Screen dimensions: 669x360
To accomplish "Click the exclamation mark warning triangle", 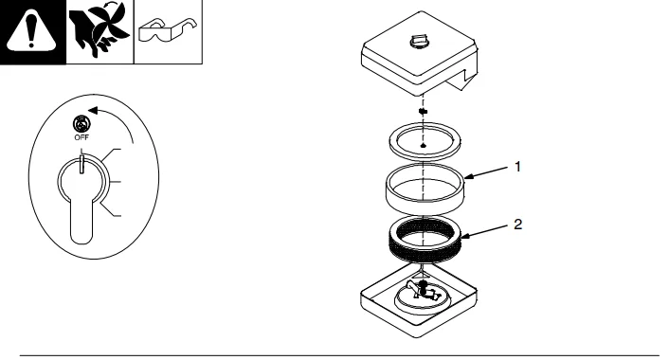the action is pos(31,31).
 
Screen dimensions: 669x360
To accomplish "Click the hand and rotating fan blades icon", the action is pos(99,30).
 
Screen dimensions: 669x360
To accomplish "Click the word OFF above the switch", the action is pos(81,137).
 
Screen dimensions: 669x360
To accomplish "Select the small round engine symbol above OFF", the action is pos(81,124).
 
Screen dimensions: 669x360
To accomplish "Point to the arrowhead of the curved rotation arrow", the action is pos(93,111).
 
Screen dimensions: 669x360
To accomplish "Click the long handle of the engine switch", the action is pos(81,222).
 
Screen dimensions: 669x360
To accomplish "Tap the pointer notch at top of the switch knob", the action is pos(81,164).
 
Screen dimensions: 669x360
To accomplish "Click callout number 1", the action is pos(517,167).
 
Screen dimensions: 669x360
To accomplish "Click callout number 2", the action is pos(517,225).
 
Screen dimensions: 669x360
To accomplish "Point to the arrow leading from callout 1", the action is pos(486,171).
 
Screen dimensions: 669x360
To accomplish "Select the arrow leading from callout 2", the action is pos(484,230).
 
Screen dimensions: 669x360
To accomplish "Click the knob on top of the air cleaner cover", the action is pos(419,42).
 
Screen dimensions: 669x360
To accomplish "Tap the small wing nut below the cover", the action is pos(423,112).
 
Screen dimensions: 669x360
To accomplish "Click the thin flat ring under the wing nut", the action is pos(425,142).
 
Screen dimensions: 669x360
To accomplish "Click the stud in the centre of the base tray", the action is pos(423,288).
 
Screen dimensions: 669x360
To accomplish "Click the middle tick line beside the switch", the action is pos(116,183).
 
